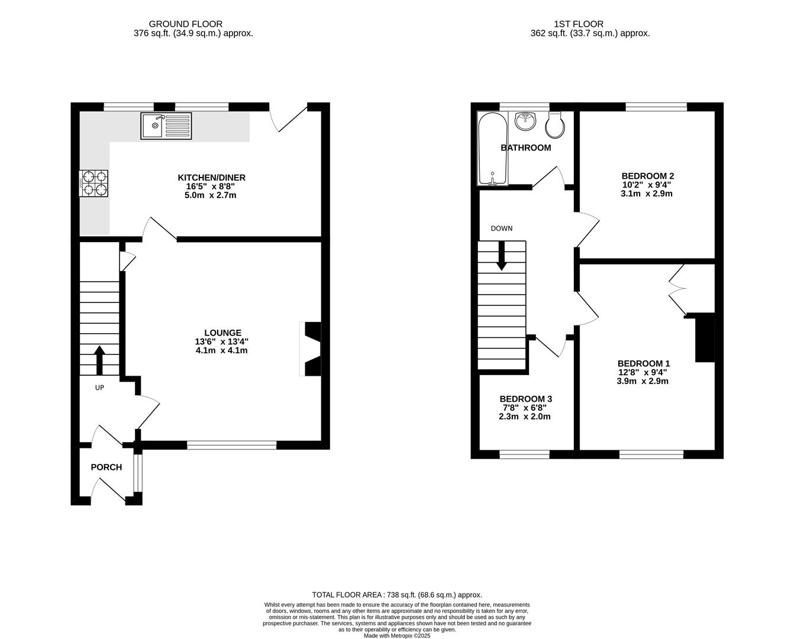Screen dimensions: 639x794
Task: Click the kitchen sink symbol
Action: tap(166, 125)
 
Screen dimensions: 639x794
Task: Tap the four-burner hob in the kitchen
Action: tap(93, 183)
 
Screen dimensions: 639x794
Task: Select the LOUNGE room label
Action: tap(222, 333)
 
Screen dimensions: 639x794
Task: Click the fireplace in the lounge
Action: tap(311, 349)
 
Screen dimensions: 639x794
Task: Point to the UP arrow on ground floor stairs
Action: tap(99, 360)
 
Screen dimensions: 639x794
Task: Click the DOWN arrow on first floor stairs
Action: tap(501, 256)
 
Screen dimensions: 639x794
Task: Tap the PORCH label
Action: tap(106, 467)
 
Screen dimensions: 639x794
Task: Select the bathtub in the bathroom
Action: tap(492, 149)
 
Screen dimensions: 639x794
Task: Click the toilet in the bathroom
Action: tap(556, 123)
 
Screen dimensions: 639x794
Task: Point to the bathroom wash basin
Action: tap(525, 121)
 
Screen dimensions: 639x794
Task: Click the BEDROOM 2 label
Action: tap(647, 176)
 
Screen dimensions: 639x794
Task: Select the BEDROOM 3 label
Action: tap(525, 399)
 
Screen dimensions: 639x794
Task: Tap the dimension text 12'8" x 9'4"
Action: tap(643, 372)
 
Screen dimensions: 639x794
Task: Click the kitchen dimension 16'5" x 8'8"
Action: tap(211, 186)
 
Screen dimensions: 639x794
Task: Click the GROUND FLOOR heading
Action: tap(185, 24)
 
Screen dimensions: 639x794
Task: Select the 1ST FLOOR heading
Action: tap(578, 24)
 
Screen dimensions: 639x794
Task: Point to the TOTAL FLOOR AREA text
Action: tap(396, 595)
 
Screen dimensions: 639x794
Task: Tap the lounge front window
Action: tap(232, 445)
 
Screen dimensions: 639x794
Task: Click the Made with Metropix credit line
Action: tap(396, 635)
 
